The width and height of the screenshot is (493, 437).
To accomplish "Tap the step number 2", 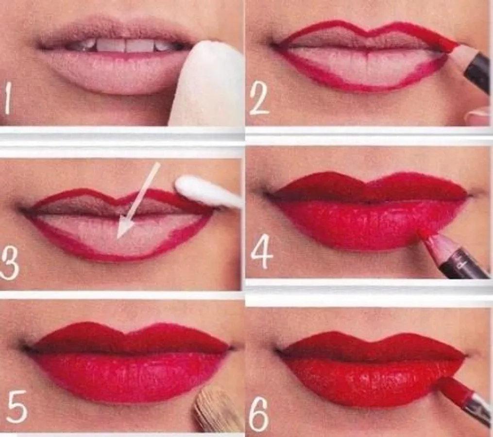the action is click(259, 100).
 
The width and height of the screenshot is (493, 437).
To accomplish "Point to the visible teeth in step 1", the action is click(126, 46).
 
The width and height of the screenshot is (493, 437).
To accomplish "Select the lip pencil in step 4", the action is click(453, 254).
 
